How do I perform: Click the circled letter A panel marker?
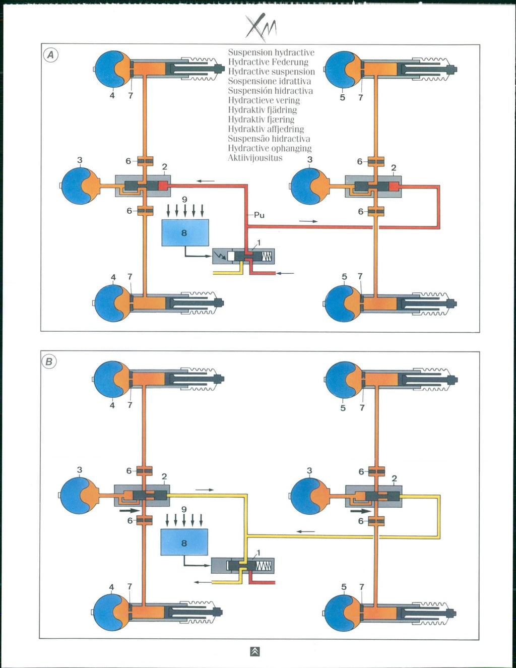(50, 55)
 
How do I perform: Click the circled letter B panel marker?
(49, 361)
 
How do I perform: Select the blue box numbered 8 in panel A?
(185, 232)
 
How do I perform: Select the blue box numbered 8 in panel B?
(184, 542)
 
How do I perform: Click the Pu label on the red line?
(259, 215)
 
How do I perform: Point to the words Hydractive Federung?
(268, 62)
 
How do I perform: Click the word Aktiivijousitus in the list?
(255, 158)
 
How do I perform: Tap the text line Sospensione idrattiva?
(269, 81)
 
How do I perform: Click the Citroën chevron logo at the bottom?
(255, 651)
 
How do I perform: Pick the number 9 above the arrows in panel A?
(184, 200)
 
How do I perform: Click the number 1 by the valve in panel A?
(259, 243)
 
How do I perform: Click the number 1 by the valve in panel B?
(259, 553)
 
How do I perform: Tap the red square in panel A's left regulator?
(163, 186)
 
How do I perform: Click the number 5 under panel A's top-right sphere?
(343, 97)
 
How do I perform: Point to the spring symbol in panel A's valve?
(267, 257)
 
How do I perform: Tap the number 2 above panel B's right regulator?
(394, 478)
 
